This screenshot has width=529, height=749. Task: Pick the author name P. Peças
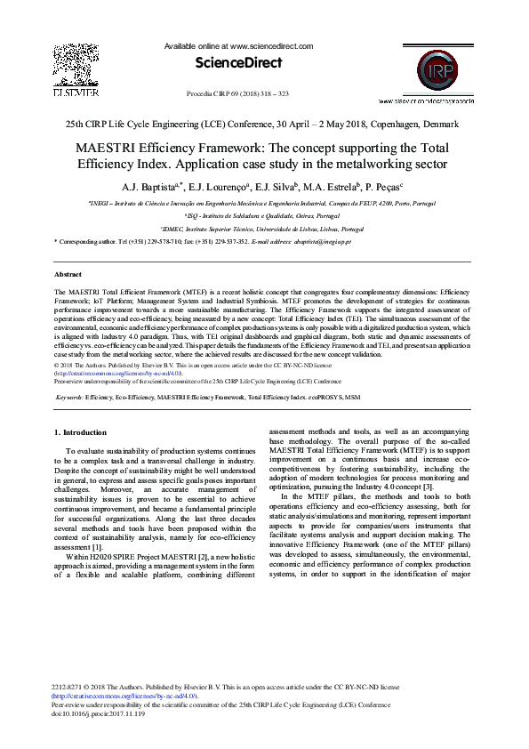(383, 188)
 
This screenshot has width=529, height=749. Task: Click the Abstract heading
(68, 275)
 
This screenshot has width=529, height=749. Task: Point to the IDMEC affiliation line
(265, 229)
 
